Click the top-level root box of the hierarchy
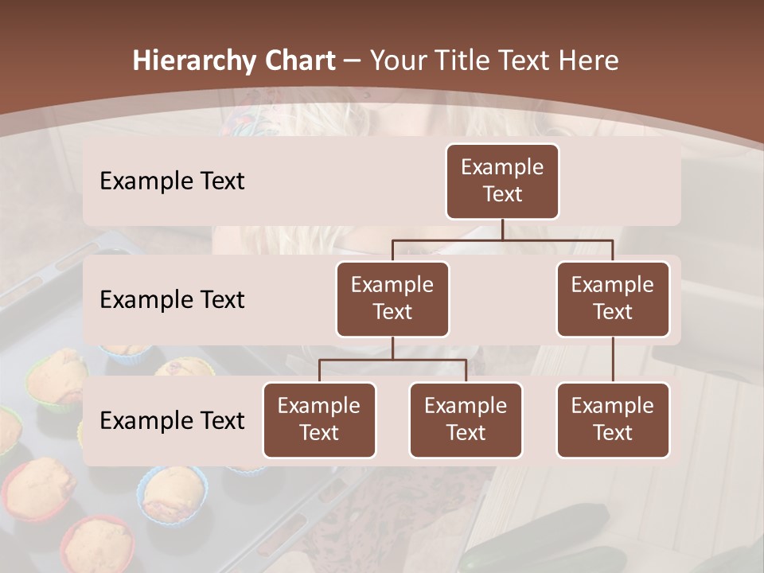(x=502, y=181)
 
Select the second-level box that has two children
(x=392, y=299)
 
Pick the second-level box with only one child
(x=613, y=299)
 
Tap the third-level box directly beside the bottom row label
(x=319, y=420)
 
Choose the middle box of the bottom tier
(x=466, y=420)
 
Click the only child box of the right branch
(x=613, y=420)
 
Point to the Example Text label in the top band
(x=172, y=181)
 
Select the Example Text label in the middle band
(x=172, y=300)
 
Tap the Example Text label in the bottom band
(x=172, y=421)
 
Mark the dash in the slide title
(x=351, y=61)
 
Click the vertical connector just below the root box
(x=502, y=229)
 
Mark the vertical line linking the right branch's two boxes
(x=613, y=360)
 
